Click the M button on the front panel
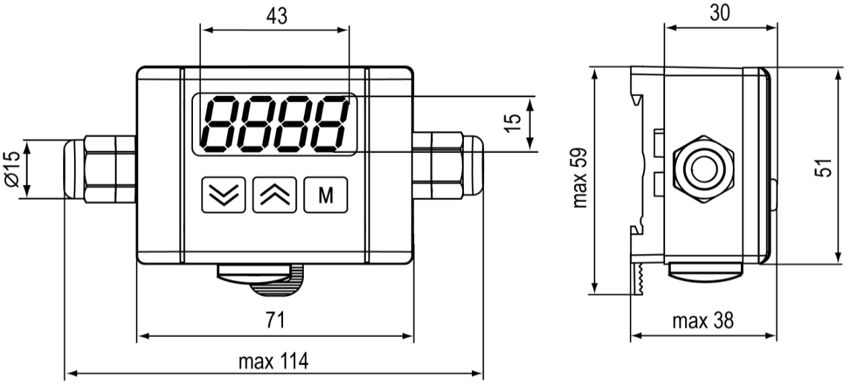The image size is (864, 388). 325,195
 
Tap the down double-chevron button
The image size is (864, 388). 224,195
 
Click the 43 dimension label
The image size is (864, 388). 277,17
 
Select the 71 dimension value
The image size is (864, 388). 276,320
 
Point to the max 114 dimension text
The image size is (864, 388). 274,361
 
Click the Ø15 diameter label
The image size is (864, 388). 13,168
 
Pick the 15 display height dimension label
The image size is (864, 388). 512,124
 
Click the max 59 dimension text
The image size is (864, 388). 579,178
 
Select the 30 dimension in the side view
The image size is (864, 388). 720,13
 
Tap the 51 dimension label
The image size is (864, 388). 823,168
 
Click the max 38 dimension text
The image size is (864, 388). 703,321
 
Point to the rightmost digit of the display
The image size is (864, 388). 329,124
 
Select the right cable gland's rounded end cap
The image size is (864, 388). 473,166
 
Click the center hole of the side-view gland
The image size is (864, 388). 705,169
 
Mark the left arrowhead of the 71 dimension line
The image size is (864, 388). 143,336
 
